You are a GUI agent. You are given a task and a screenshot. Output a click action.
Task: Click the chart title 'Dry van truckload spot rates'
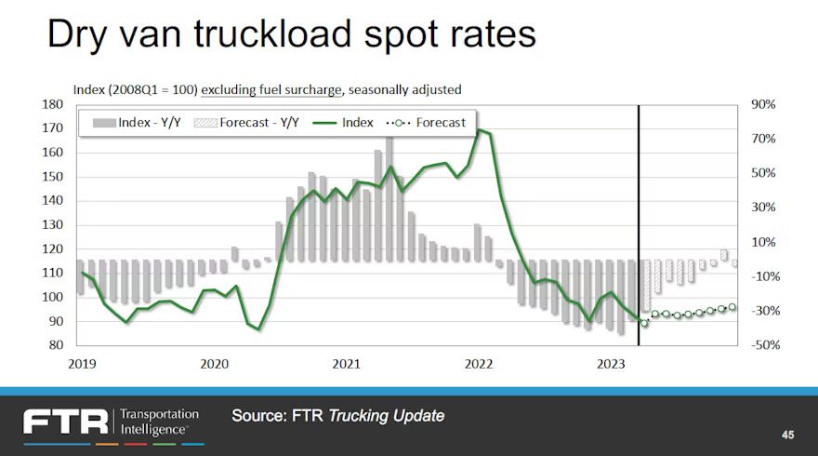(x=291, y=34)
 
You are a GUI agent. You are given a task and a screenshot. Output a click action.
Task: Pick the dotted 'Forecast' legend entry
(x=429, y=122)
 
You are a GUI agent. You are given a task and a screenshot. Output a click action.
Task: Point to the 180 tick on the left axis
(x=52, y=105)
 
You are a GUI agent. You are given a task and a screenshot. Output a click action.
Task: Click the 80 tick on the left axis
(x=55, y=345)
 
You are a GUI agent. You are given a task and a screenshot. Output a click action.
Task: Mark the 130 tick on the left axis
(x=52, y=225)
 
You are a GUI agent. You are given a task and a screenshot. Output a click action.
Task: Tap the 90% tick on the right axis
(x=764, y=105)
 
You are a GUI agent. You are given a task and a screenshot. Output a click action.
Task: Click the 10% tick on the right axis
(x=764, y=242)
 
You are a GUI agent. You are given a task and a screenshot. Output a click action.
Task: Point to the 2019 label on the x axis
(x=83, y=364)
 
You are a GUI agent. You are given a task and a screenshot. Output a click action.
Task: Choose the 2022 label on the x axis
(x=479, y=364)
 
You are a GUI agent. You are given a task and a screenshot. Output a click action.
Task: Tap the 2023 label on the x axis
(x=611, y=364)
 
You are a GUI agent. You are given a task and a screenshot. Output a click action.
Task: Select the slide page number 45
(x=787, y=435)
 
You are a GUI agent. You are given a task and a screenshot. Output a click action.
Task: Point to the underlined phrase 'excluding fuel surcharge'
(x=269, y=89)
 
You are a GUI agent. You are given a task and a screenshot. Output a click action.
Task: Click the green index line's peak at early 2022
(x=479, y=130)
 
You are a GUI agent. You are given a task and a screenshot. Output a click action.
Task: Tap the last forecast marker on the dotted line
(x=732, y=307)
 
